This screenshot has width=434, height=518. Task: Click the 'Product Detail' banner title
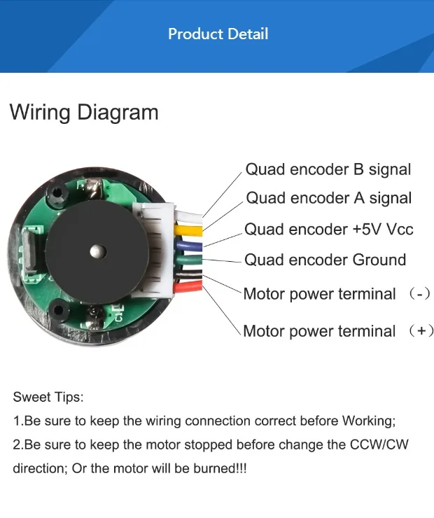pyautogui.click(x=218, y=34)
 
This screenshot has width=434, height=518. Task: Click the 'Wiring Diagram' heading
pyautogui.click(x=84, y=112)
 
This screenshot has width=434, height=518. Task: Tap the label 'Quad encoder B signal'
pyautogui.click(x=328, y=169)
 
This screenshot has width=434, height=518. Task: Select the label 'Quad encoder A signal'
pyautogui.click(x=329, y=198)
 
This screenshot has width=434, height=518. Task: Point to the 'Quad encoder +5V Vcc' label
pyautogui.click(x=328, y=230)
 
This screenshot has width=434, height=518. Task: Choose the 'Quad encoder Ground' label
pyautogui.click(x=325, y=260)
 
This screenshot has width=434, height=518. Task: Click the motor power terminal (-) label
pyautogui.click(x=336, y=294)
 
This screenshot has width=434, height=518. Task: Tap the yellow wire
pyautogui.click(x=189, y=229)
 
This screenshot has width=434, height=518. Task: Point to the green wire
pyautogui.click(x=189, y=260)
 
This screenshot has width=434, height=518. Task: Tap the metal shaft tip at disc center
pyautogui.click(x=98, y=249)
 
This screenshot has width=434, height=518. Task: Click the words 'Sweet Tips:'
pyautogui.click(x=48, y=397)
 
